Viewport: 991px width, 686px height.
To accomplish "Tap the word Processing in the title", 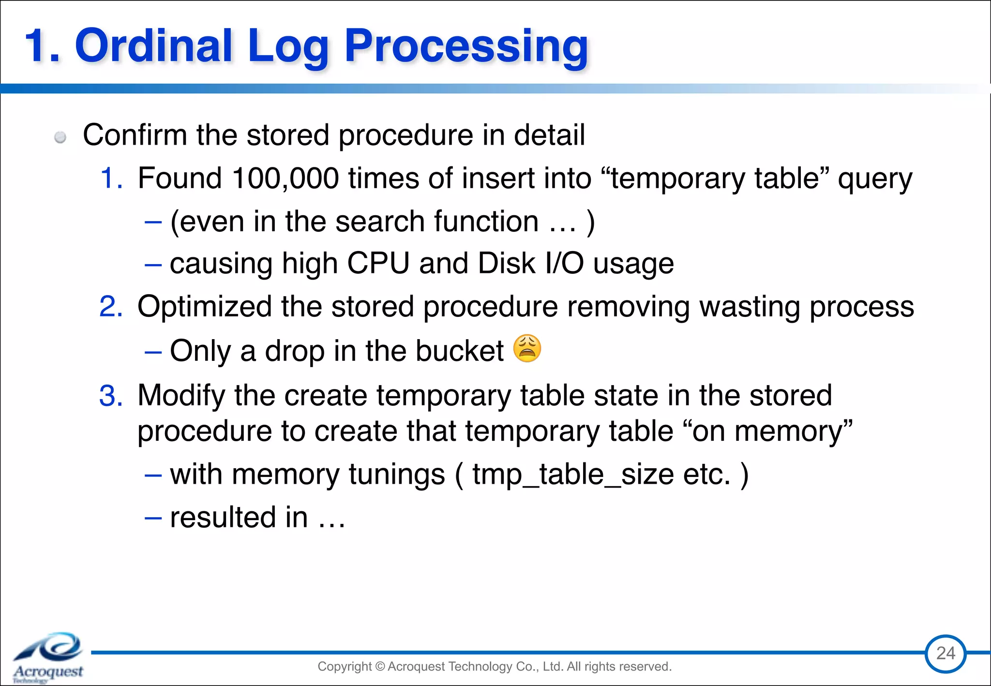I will pyautogui.click(x=466, y=46).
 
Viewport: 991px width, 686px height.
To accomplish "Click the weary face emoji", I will pyautogui.click(x=527, y=348).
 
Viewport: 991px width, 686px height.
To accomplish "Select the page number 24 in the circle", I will pyautogui.click(x=946, y=654).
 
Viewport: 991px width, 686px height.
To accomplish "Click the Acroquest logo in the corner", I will pyautogui.click(x=48, y=657).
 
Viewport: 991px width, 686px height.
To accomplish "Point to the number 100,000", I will pyautogui.click(x=285, y=178).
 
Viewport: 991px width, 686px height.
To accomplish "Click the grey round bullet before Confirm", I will pyautogui.click(x=60, y=137).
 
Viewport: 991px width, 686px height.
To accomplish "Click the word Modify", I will pyautogui.click(x=181, y=396).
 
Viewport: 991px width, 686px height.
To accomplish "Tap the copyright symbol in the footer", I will pyautogui.click(x=379, y=667).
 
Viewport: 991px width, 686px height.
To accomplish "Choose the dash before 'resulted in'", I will pyautogui.click(x=153, y=518).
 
